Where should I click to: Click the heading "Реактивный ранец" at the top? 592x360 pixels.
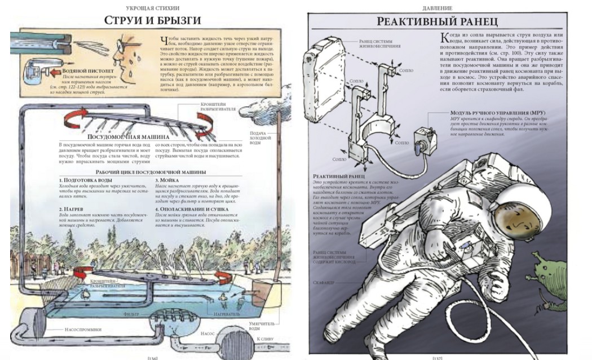click(437, 22)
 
